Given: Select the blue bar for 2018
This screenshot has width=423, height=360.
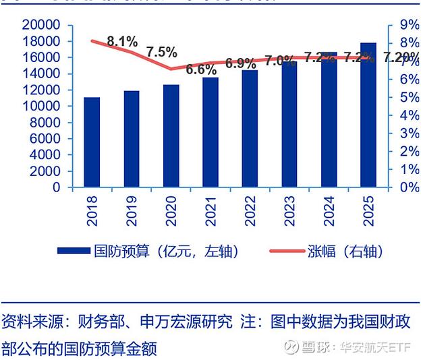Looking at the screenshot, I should (92, 142).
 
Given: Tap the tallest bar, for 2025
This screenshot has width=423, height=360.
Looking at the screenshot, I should (368, 115).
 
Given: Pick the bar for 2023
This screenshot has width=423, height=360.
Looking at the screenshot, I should (289, 124).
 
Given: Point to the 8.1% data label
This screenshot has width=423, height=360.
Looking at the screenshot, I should (122, 41).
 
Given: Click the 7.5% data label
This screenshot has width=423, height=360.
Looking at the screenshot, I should (161, 52).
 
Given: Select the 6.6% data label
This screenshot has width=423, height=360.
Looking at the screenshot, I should (201, 69).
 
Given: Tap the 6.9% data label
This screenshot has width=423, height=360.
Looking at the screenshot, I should (240, 64).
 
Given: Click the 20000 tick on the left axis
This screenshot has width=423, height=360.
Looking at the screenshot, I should (43, 25).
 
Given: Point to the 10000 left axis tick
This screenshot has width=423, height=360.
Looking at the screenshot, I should (43, 107).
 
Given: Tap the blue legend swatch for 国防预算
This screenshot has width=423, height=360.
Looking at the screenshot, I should (74, 251).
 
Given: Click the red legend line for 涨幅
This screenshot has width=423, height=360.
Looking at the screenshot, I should (289, 251).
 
